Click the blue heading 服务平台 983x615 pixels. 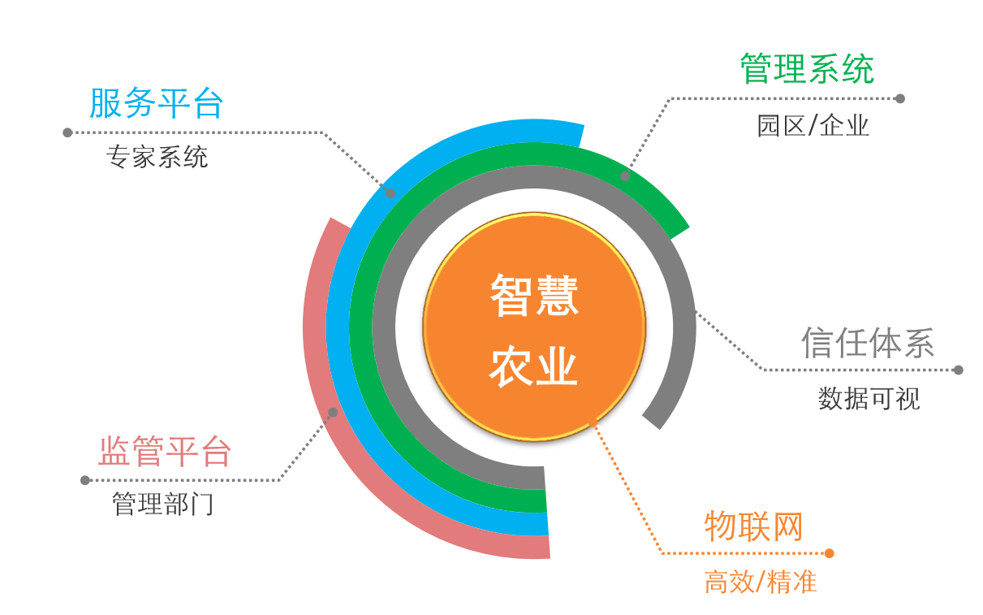click(x=156, y=103)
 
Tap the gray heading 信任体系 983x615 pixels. click(x=868, y=342)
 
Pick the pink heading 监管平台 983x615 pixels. click(x=165, y=452)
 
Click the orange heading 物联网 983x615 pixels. click(x=753, y=526)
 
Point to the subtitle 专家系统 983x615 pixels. click(x=157, y=157)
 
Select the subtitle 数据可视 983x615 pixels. click(x=869, y=398)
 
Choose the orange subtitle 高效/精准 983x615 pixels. click(x=761, y=582)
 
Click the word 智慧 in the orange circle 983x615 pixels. click(x=534, y=295)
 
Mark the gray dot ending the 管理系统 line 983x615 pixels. click(x=899, y=98)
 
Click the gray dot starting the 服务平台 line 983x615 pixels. click(x=67, y=132)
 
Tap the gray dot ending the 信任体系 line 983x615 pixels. click(x=958, y=370)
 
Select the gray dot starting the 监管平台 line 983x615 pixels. click(x=85, y=480)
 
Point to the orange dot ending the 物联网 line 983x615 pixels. click(x=829, y=553)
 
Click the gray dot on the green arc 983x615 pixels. click(x=625, y=175)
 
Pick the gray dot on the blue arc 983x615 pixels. click(x=390, y=193)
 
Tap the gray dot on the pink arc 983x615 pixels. click(x=333, y=413)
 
